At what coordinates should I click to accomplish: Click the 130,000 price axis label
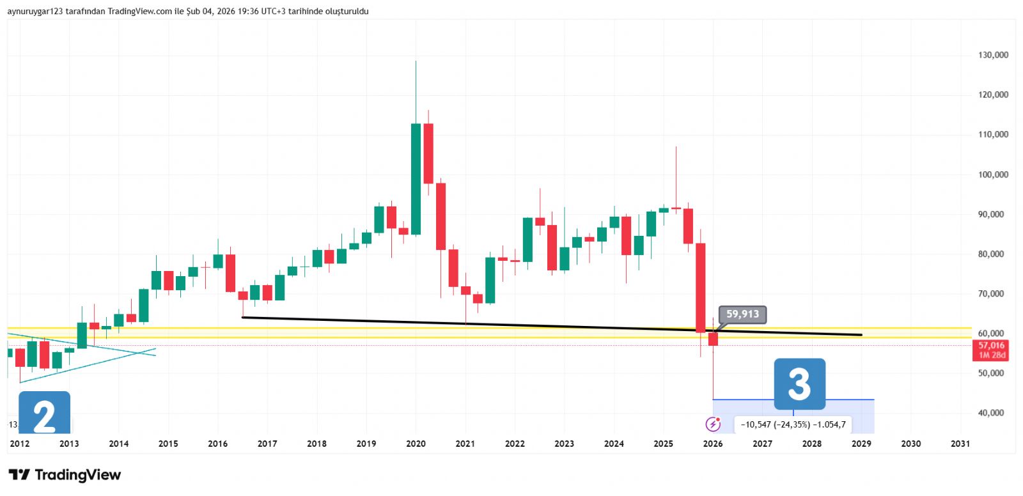point(993,55)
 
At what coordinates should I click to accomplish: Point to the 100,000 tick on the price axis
point(993,174)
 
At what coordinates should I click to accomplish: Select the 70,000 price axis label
point(991,294)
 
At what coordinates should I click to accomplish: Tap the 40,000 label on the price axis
point(991,413)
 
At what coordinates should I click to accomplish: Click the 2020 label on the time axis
point(416,444)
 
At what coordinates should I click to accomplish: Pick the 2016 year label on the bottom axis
point(217,444)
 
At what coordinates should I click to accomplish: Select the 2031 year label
point(960,444)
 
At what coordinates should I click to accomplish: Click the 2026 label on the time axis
point(713,444)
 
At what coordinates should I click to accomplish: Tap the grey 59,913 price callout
point(742,314)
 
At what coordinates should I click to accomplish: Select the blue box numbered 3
point(799,384)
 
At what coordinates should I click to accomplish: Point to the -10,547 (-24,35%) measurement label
point(793,424)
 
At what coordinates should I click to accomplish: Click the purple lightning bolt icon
point(712,424)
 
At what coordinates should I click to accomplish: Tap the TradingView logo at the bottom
point(65,475)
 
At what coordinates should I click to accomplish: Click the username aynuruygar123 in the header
point(35,12)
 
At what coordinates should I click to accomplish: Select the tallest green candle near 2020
point(416,179)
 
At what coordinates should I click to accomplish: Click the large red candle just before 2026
point(701,288)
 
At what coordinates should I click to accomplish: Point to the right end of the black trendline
point(861,334)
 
